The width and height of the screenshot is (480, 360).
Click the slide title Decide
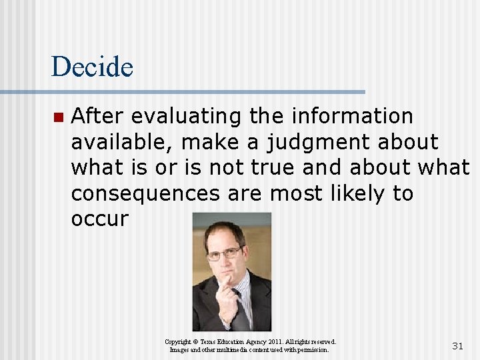coord(92,67)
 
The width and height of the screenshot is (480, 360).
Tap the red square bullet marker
coord(57,117)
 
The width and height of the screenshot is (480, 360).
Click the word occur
coord(99,219)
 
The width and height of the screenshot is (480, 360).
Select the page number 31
coord(457,345)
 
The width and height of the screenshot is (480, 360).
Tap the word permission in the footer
coord(311,350)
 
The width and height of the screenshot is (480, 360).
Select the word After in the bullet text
coord(98,116)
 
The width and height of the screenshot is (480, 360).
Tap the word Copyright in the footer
coord(178,341)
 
